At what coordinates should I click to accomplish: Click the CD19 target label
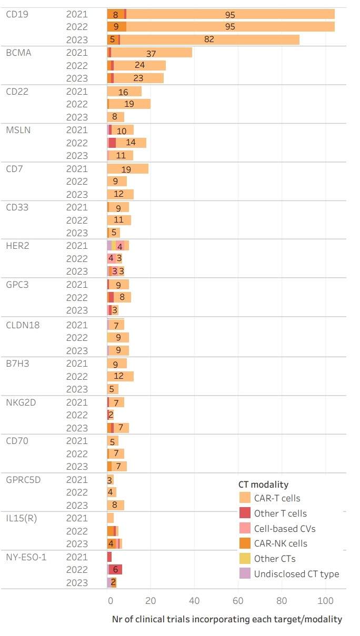[x=17, y=14]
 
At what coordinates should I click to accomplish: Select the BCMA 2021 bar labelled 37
[x=152, y=53]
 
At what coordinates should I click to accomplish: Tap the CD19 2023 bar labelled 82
[x=209, y=39]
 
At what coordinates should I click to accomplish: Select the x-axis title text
[x=227, y=619]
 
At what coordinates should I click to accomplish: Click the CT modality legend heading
[x=263, y=484]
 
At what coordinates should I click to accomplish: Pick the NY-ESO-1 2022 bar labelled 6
[x=115, y=570]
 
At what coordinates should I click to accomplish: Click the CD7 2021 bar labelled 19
[x=127, y=169]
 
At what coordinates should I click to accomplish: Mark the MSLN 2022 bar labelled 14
[x=131, y=143]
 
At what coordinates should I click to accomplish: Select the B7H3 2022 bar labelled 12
[x=121, y=376]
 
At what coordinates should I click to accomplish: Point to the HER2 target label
[x=17, y=246]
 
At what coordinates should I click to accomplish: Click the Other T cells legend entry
[x=280, y=513]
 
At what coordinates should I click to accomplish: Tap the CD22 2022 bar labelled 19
[x=129, y=104]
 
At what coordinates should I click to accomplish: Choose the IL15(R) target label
[x=21, y=518]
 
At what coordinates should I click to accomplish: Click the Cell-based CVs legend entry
[x=285, y=529]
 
